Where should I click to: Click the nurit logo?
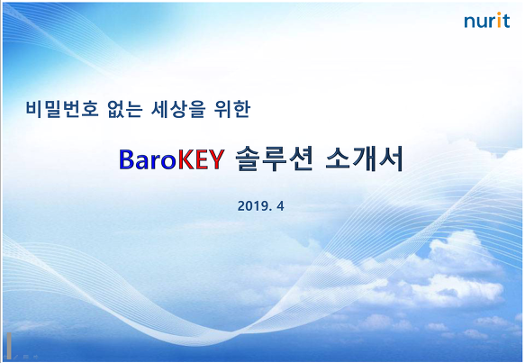(487, 20)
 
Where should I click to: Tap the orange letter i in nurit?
(499, 20)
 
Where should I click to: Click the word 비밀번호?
(62, 109)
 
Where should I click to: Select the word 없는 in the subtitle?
(125, 109)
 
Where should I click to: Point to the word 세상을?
(178, 109)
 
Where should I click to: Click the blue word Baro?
(148, 159)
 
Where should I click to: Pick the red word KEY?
(200, 159)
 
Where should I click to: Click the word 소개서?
(365, 159)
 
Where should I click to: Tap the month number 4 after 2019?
(280, 206)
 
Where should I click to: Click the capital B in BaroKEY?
(127, 159)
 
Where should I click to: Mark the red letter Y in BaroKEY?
(216, 159)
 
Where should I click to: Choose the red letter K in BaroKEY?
(186, 159)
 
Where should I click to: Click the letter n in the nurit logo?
(470, 22)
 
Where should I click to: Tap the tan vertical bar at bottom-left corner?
(9, 346)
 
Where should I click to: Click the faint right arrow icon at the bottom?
(36, 357)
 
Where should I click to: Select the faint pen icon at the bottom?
(15, 357)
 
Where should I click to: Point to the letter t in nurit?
(505, 21)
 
